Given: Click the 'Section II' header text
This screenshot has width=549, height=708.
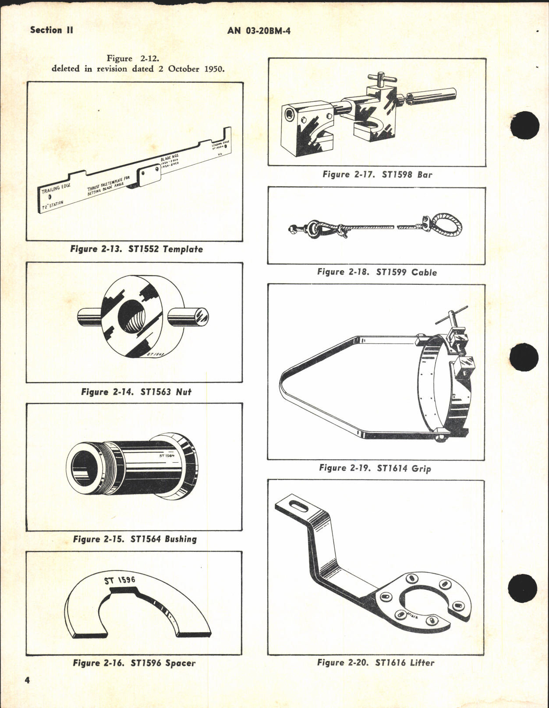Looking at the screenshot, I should click(51, 30).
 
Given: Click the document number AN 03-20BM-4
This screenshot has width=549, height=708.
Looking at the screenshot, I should click(259, 31).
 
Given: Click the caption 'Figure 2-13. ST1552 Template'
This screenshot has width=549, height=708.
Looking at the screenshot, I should click(136, 249).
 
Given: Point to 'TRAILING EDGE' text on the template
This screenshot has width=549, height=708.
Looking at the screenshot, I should click(56, 189).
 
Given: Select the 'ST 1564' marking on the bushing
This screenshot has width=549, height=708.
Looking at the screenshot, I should click(167, 456).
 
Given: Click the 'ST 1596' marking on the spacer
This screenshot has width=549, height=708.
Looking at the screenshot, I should click(120, 580).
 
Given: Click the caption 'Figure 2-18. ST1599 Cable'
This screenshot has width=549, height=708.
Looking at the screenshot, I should click(377, 272).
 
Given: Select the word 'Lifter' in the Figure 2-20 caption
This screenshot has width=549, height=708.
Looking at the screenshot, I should click(422, 663).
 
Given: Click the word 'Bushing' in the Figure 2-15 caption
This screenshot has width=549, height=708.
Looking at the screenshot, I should click(181, 539).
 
